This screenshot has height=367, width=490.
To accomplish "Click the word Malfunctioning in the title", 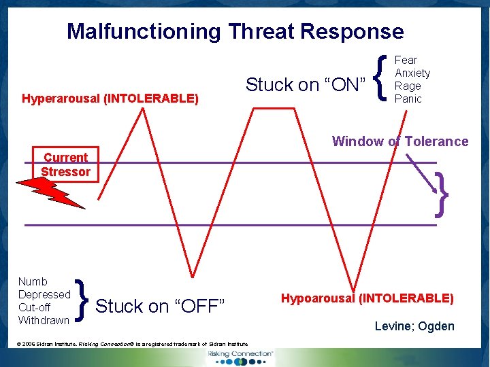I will [144, 31].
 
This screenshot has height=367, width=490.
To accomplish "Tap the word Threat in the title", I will [262, 31].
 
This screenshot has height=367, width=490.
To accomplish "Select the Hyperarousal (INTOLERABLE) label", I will [110, 99].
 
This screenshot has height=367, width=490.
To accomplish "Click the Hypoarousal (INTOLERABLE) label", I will [367, 298].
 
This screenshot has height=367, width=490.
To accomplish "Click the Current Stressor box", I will [65, 164].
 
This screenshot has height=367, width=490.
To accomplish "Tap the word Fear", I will [406, 60].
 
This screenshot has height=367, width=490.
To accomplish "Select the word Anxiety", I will [412, 73].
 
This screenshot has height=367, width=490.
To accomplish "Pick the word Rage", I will [408, 86].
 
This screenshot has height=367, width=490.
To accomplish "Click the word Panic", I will [408, 99].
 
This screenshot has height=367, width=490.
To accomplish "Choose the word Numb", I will [33, 281].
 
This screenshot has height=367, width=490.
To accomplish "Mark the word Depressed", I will [44, 294].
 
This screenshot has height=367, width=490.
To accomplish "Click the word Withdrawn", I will [44, 320].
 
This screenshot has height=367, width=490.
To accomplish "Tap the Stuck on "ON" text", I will [306, 85].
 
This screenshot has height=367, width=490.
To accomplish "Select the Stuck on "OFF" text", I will [161, 307].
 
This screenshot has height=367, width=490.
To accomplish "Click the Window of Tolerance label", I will [400, 141].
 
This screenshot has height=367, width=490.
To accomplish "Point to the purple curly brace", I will [442, 194].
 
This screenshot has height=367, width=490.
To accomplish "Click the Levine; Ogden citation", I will [414, 326].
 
